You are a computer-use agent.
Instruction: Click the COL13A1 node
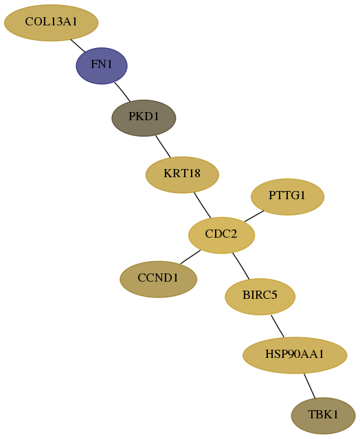52,23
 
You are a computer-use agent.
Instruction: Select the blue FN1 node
102,66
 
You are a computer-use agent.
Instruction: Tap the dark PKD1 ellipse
144,118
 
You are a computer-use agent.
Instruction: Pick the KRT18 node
182,175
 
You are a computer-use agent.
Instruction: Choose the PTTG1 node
287,196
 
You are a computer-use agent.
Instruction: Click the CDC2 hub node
221,235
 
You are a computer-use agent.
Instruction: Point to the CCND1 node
159,280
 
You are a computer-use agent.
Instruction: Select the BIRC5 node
260,297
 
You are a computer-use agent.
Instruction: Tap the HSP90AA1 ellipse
295,355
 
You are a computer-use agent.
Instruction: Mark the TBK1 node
324,416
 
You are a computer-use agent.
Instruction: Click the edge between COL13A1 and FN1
78,45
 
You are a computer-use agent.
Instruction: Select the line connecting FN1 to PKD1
122,92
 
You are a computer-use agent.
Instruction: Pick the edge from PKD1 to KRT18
163,146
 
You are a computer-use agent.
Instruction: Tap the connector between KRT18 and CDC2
203,205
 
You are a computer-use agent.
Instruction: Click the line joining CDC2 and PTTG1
254,216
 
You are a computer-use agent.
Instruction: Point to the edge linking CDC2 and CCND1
190,257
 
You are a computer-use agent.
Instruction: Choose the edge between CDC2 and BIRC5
240,266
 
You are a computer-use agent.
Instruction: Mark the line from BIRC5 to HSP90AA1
278,326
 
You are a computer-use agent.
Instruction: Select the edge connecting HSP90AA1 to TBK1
310,386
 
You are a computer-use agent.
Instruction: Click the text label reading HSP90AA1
295,354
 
